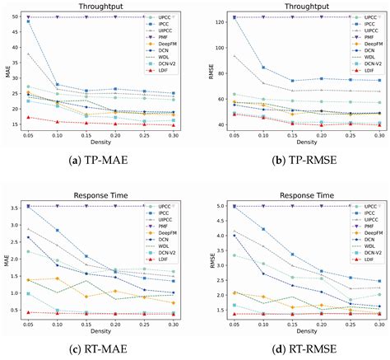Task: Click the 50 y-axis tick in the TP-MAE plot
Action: click(18, 16)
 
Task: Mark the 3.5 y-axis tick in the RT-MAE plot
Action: click(17, 206)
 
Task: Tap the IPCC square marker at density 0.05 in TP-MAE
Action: click(30, 21)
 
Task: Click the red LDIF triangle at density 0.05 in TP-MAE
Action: click(30, 117)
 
